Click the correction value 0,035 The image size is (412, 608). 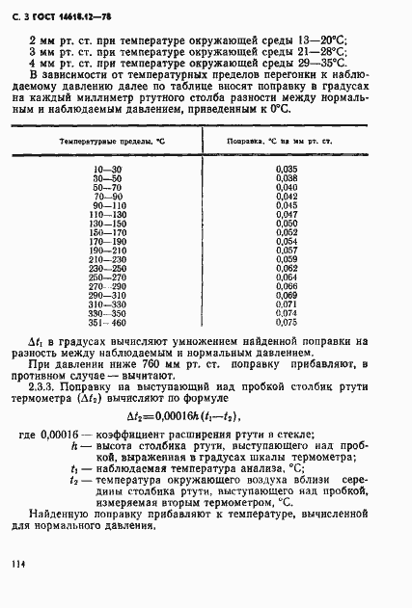(x=286, y=170)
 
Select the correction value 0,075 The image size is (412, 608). (x=286, y=323)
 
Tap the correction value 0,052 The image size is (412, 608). (x=286, y=232)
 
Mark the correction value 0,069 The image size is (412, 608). (x=286, y=296)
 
